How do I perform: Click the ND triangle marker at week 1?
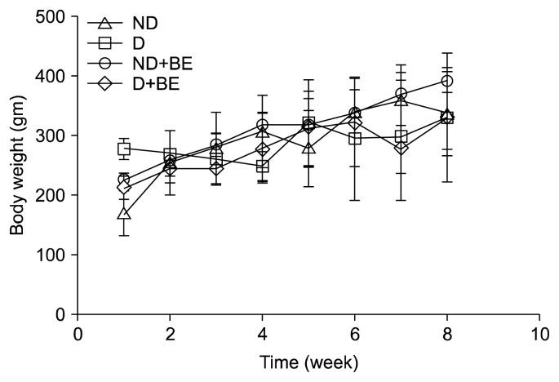[x=124, y=213]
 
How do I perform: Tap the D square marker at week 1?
[x=124, y=149]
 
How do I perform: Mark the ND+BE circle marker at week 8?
[x=447, y=82]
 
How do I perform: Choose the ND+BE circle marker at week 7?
[x=402, y=95]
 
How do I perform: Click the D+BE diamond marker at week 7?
[x=402, y=148]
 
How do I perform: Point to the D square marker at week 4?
[x=263, y=167]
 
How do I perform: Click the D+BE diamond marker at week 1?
[x=124, y=187]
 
